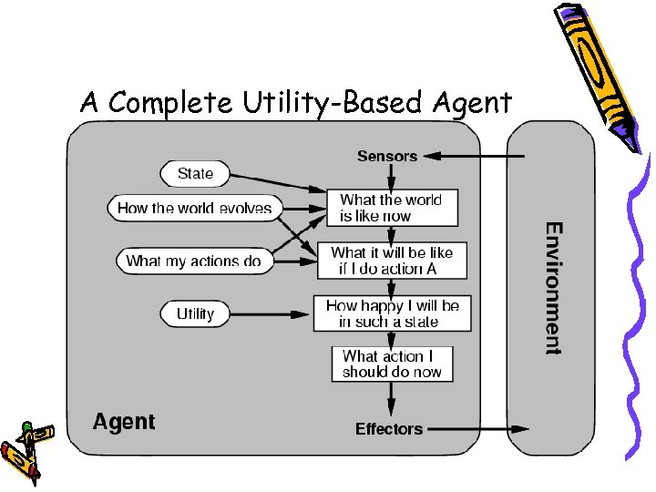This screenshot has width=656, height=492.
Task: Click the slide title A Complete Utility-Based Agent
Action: tap(296, 103)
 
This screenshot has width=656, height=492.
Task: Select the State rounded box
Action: tap(195, 173)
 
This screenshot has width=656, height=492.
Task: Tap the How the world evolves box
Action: tap(195, 208)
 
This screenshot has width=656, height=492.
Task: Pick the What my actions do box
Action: tap(193, 261)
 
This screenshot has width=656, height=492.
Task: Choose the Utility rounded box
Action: tap(195, 313)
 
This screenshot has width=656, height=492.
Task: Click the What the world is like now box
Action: tap(392, 208)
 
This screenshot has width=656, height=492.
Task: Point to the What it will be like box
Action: tap(392, 261)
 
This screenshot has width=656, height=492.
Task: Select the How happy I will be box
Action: tap(392, 313)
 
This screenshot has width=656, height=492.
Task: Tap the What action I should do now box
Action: tap(392, 364)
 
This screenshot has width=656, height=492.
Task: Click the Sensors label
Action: tap(387, 156)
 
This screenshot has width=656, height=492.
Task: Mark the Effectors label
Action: tap(389, 428)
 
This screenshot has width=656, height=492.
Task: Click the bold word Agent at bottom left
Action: tap(124, 422)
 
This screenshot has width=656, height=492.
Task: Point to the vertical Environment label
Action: tap(553, 288)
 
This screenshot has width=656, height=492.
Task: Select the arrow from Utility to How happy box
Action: tap(270, 314)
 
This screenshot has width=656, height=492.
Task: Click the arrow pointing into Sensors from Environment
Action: tap(474, 156)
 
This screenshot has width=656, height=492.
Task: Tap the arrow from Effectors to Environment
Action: tap(477, 428)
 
